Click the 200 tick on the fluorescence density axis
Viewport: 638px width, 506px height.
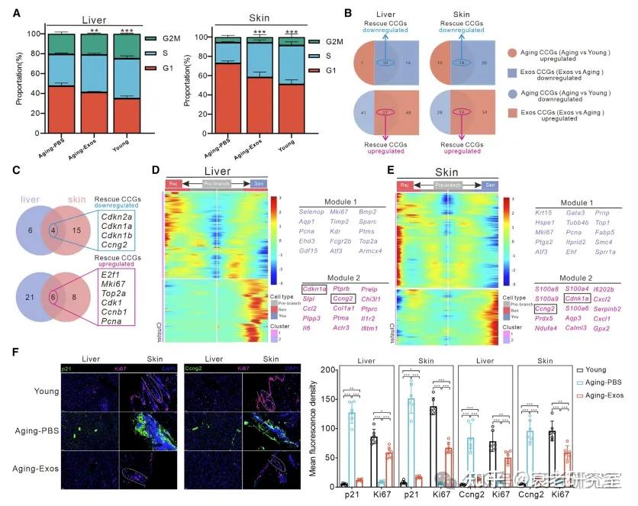[326, 370]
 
